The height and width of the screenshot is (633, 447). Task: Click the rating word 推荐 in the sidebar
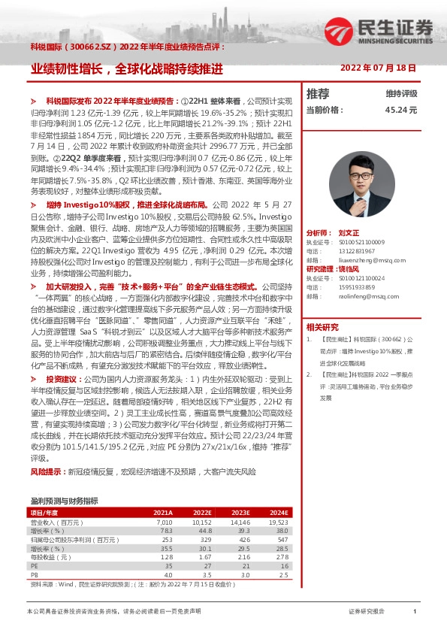point(318,94)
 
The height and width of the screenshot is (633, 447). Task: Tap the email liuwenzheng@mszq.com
point(358,259)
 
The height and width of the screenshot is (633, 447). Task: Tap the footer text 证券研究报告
point(367,612)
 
